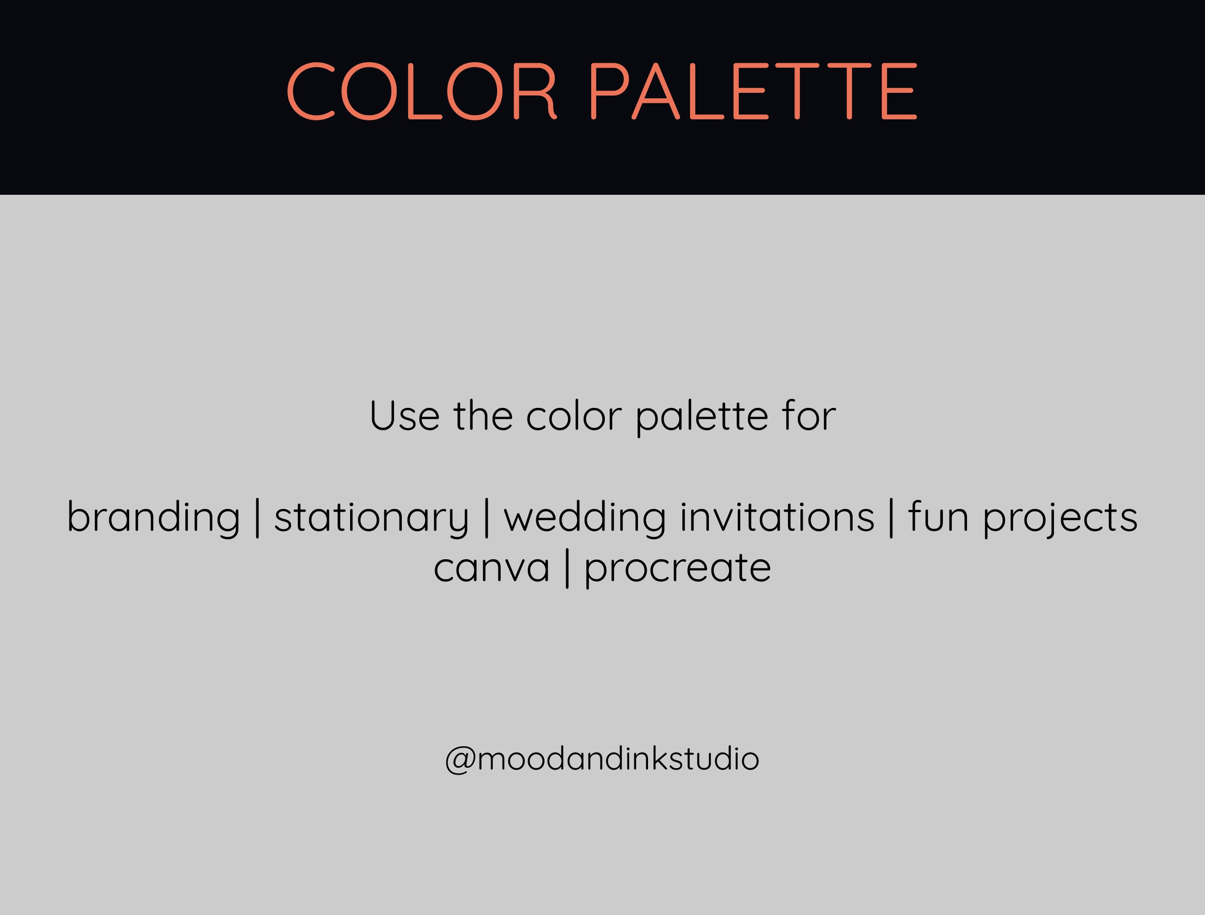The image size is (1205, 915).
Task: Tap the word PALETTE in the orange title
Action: pos(754,91)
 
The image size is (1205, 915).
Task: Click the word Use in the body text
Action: pos(404,416)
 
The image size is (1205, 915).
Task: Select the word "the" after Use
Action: pos(483,416)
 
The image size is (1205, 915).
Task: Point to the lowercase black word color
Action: pos(573,416)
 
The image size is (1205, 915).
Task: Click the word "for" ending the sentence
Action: pos(809,416)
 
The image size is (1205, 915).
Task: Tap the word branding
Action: pos(153,518)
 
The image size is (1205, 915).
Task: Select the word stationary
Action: pos(371,518)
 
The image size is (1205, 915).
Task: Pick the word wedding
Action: pos(585,518)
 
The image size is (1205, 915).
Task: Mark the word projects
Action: pos(1060,518)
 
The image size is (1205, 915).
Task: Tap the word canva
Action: pos(492,568)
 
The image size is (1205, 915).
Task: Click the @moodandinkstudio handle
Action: pos(602,759)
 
